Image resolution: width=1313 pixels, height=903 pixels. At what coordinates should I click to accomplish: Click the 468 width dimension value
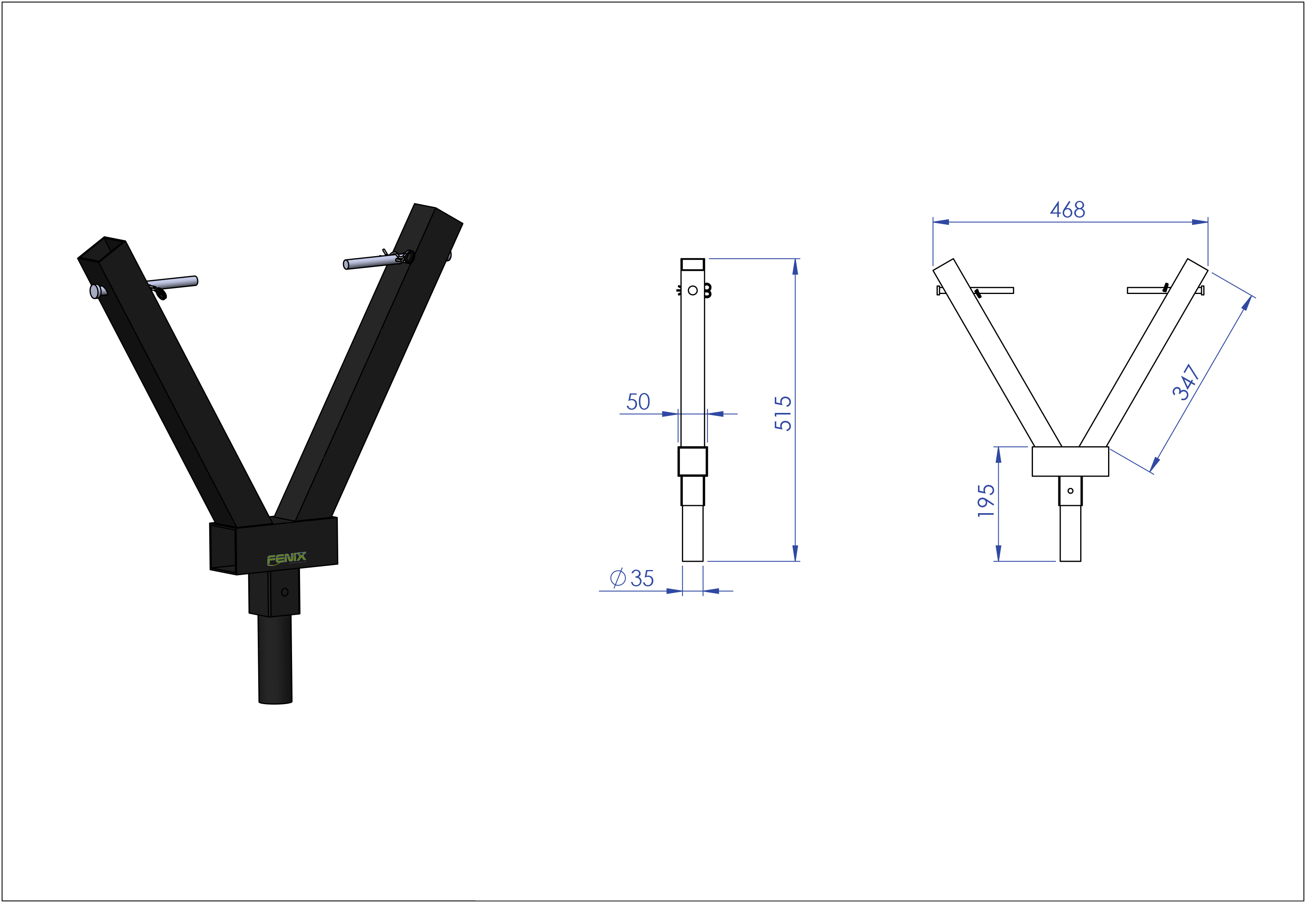1068,210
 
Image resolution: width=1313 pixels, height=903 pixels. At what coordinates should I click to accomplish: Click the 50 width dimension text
638,402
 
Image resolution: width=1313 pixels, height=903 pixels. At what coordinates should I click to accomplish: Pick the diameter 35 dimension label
632,578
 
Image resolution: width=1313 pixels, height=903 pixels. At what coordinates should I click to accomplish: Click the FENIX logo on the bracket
286,559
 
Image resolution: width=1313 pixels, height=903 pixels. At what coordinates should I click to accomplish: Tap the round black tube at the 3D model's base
275,659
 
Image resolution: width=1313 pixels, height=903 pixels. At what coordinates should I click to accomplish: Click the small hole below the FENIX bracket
284,592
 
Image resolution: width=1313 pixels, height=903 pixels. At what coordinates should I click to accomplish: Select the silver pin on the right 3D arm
371,262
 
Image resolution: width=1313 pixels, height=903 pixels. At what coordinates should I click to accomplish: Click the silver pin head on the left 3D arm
95,291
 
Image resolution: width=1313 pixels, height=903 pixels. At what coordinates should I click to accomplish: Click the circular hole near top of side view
693,290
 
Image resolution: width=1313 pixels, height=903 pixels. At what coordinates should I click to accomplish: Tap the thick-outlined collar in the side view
693,461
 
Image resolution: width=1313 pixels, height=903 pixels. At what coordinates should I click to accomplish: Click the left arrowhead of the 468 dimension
941,222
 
